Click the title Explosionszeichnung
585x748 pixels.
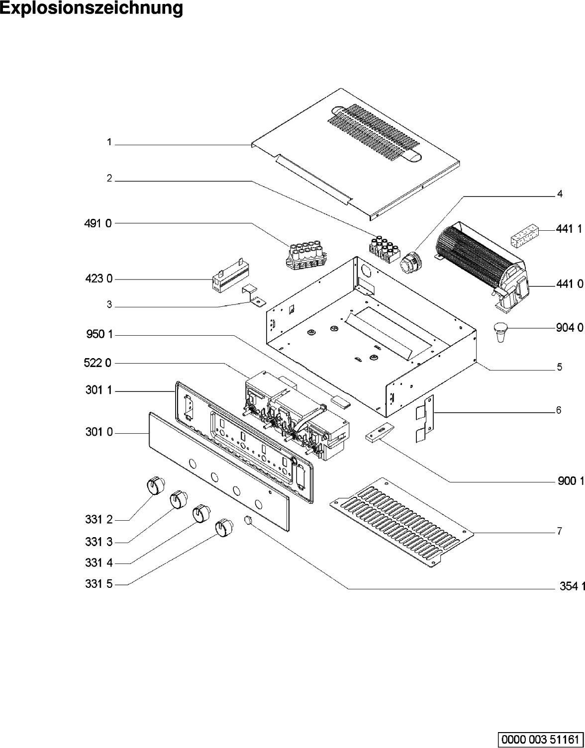pyautogui.click(x=92, y=8)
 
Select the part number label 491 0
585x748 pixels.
pyautogui.click(x=98, y=224)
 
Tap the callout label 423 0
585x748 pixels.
pyautogui.click(x=98, y=279)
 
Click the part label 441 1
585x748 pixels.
pyautogui.click(x=569, y=229)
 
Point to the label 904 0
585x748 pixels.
pyautogui.click(x=569, y=328)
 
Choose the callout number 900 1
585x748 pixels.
pyautogui.click(x=569, y=481)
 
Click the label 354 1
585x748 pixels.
pyautogui.click(x=569, y=587)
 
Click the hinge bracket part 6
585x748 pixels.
pyautogui.click(x=424, y=418)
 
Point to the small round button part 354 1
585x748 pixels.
pyautogui.click(x=249, y=521)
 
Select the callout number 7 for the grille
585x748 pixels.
pyautogui.click(x=560, y=531)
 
